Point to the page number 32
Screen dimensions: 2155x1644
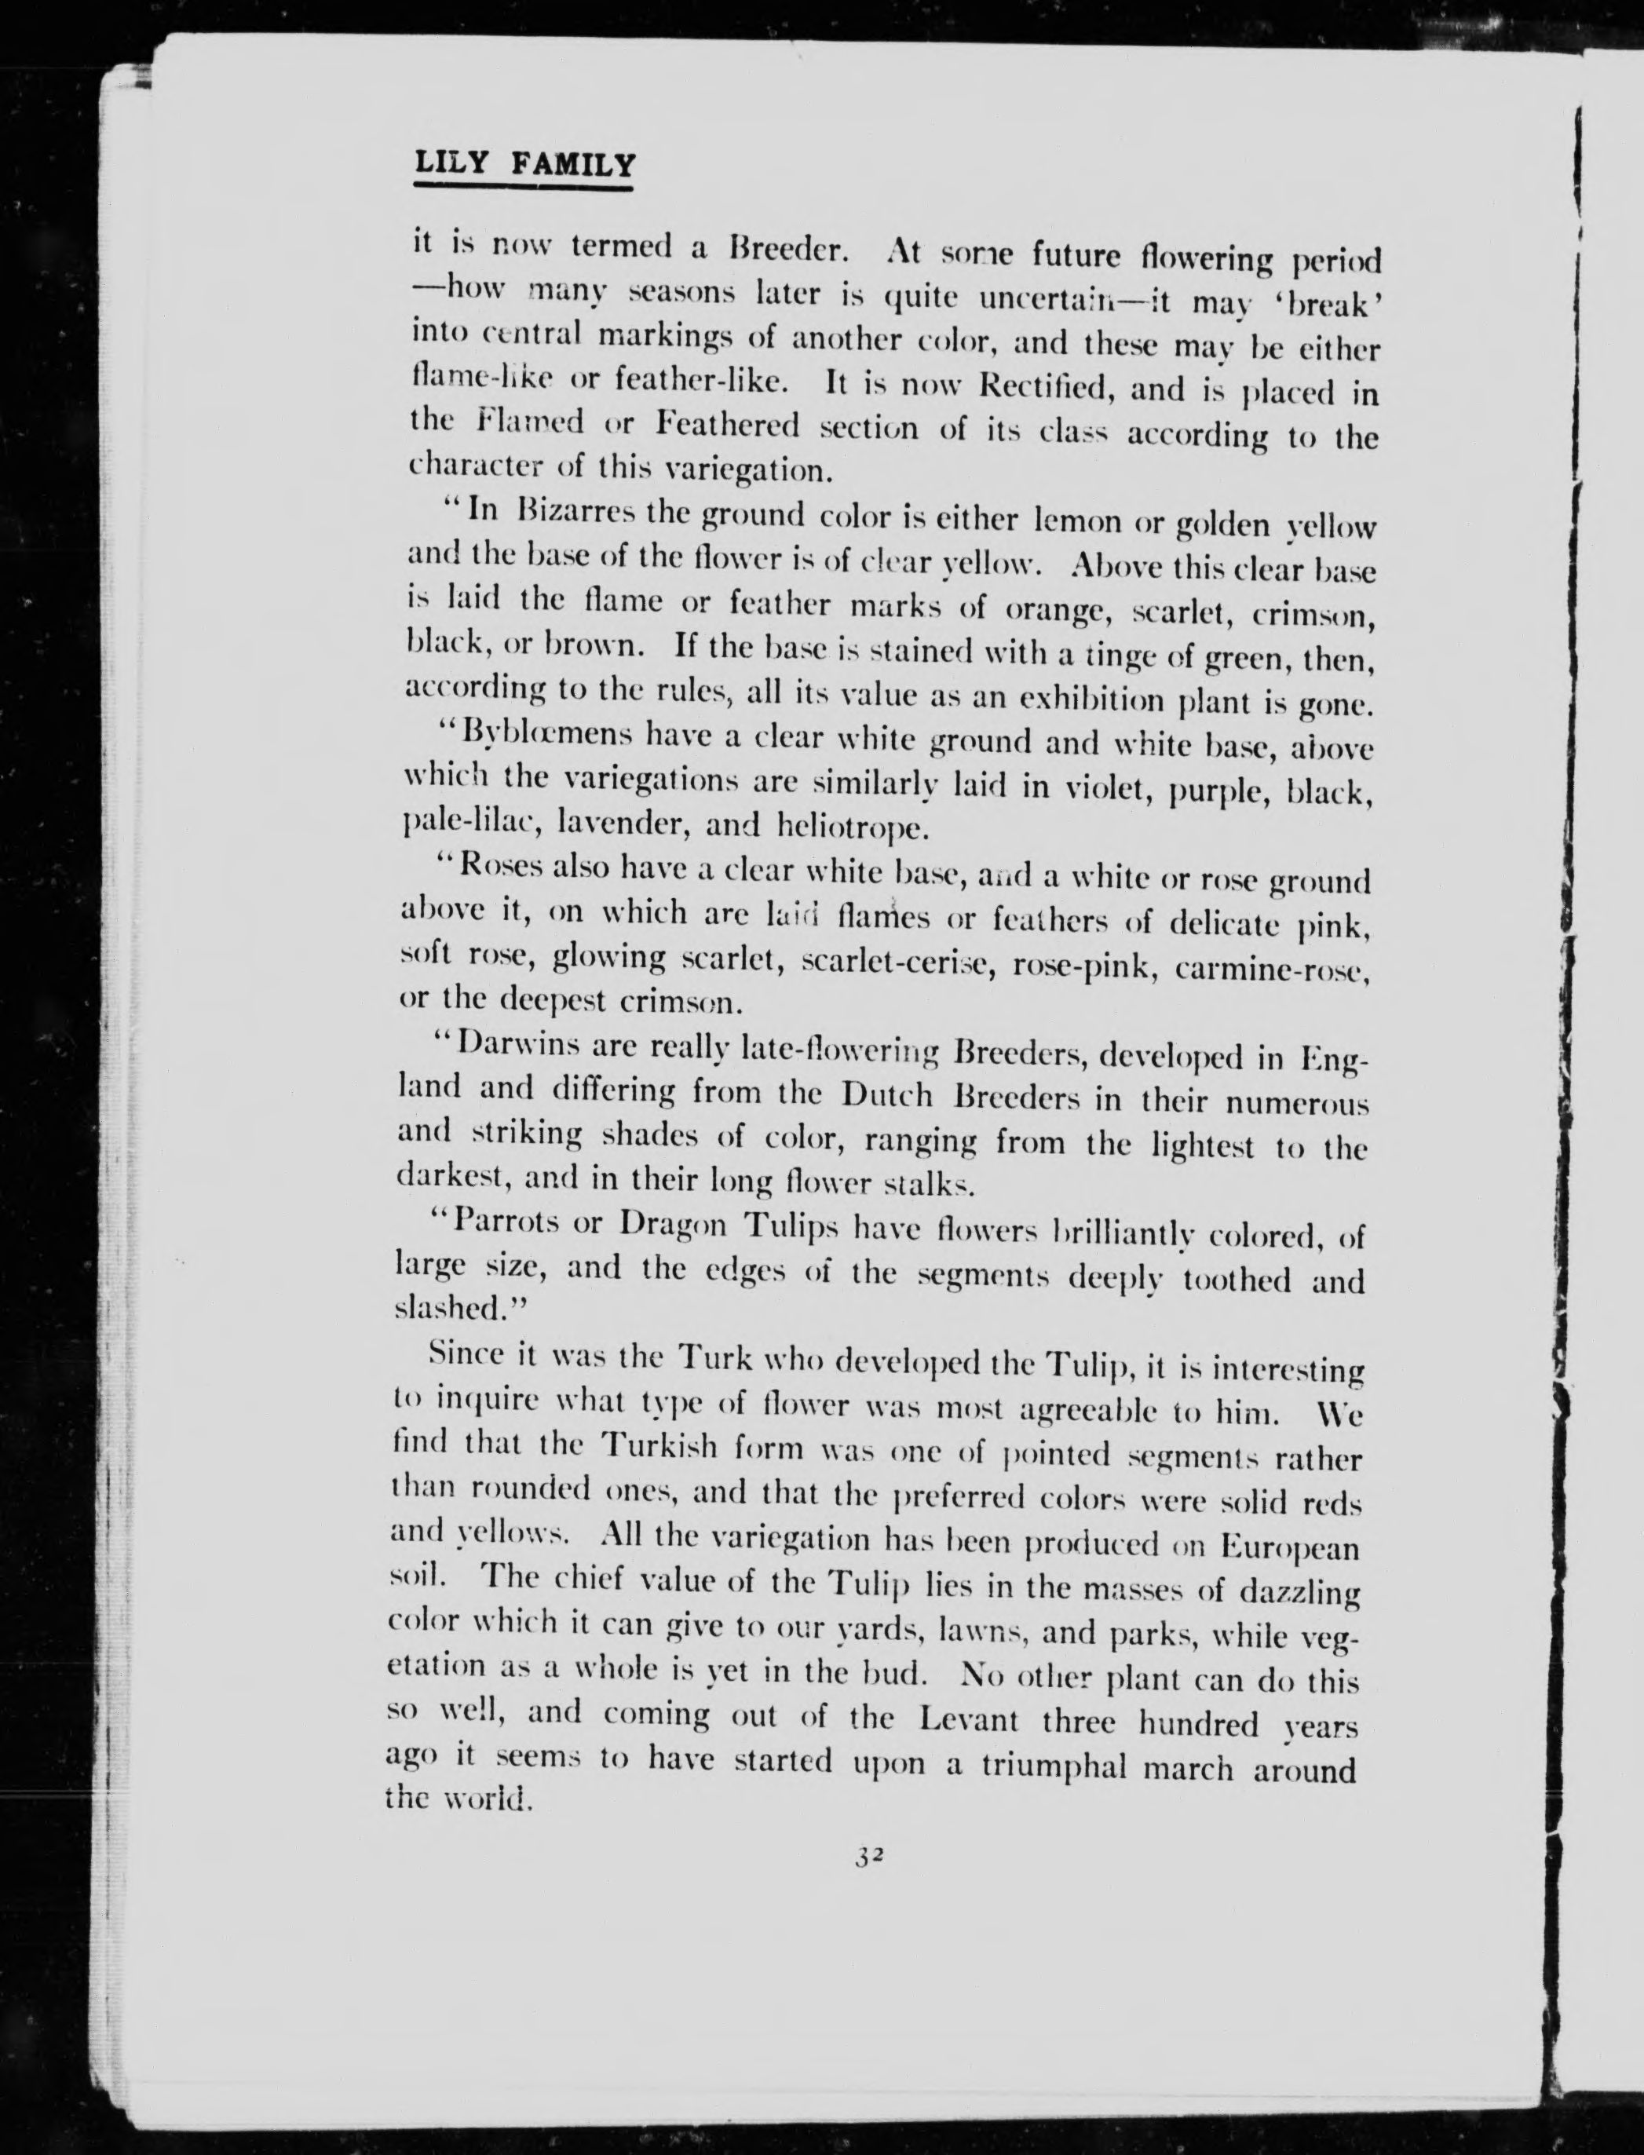click(870, 1854)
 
